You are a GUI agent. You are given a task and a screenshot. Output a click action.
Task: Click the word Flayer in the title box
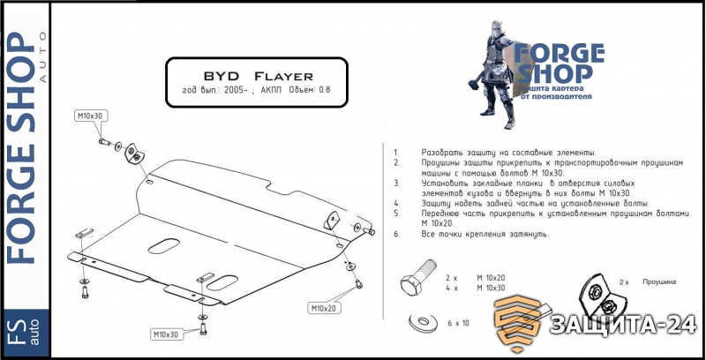pos(282,75)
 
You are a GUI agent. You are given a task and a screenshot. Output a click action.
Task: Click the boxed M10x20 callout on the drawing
pos(323,308)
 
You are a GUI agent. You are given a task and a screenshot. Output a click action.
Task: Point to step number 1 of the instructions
pos(396,153)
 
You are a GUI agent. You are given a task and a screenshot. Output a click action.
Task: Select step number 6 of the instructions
pos(396,234)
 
